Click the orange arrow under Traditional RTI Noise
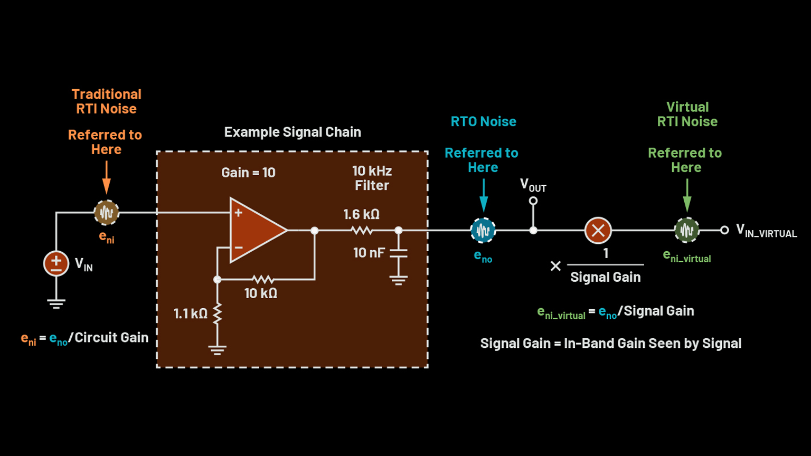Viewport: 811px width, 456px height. [x=107, y=177]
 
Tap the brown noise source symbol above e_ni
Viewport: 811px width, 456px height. [x=107, y=213]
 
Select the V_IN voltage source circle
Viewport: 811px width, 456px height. [x=56, y=264]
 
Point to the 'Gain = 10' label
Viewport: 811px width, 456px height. [x=248, y=173]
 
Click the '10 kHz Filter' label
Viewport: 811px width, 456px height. [x=372, y=178]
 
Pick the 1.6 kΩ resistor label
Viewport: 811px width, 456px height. [x=361, y=214]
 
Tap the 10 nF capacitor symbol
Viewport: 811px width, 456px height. [x=399, y=253]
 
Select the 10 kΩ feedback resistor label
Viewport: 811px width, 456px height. [x=260, y=293]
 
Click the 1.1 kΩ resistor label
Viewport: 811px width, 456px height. [x=190, y=314]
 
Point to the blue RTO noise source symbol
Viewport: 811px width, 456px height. [x=483, y=231]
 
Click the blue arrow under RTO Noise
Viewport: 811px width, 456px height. [x=483, y=195]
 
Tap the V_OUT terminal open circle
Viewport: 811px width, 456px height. [x=533, y=201]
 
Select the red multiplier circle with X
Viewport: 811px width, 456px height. [x=598, y=231]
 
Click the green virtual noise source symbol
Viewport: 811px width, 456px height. [x=687, y=230]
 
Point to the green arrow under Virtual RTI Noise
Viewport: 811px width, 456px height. [x=687, y=195]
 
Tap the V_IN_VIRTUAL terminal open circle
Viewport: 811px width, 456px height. [x=724, y=230]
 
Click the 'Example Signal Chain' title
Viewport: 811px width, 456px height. [x=293, y=132]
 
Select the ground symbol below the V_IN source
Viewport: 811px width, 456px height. [x=56, y=303]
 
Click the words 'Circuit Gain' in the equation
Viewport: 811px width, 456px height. [x=111, y=338]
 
